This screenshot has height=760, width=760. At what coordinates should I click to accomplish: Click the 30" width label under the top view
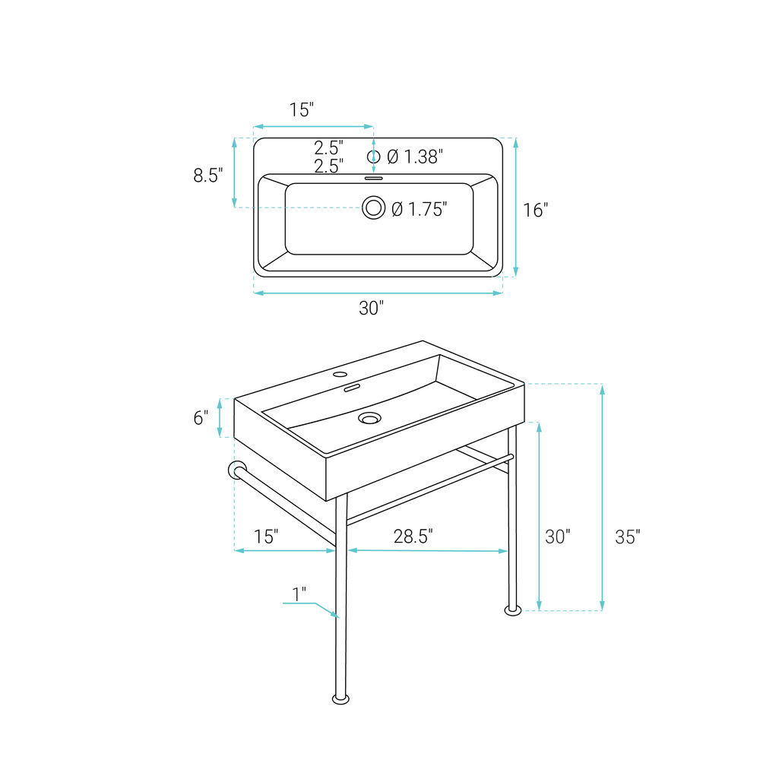[372, 308]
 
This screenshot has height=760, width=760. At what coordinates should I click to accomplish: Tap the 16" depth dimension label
[536, 210]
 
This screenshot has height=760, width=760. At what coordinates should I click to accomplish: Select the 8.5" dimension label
[208, 175]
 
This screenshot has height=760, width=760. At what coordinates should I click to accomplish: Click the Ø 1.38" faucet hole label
[416, 157]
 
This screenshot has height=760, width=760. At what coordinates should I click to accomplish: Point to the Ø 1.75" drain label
[420, 209]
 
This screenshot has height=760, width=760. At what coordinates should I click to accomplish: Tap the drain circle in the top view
[374, 207]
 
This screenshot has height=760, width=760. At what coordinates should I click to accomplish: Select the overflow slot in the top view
[374, 179]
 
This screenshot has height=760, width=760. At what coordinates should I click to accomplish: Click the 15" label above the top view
[302, 110]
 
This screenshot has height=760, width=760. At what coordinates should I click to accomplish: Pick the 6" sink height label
[201, 418]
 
